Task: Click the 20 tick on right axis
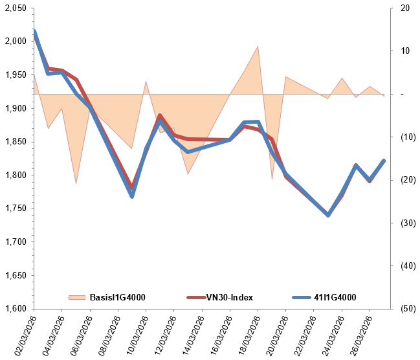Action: [405, 8]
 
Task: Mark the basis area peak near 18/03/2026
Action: [258, 46]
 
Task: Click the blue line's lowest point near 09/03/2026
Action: [132, 196]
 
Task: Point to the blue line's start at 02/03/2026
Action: [34, 30]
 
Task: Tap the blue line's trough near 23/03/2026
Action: [328, 215]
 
